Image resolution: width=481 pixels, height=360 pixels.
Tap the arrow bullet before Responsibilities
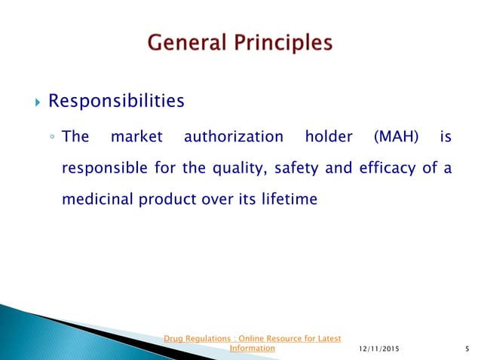point(31,101)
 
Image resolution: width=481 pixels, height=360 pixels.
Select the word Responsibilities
point(116,100)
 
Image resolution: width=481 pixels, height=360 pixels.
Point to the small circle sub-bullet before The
point(51,138)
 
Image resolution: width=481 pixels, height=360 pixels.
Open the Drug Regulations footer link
point(253,338)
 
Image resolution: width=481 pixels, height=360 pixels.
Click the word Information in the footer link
point(253,349)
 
